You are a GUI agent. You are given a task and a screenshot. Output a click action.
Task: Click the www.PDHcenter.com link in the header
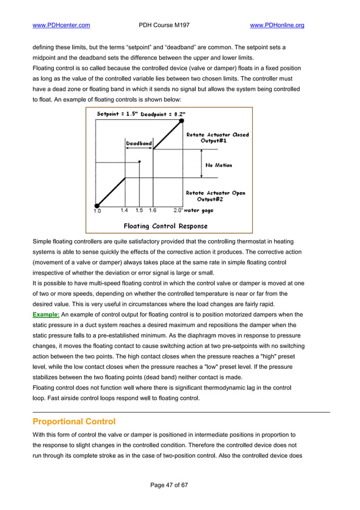point(62,25)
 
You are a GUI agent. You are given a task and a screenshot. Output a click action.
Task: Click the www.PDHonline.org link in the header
point(276,25)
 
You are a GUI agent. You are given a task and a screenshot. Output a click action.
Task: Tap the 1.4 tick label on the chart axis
point(124,211)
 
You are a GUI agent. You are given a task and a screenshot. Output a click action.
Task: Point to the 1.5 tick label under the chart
point(139,211)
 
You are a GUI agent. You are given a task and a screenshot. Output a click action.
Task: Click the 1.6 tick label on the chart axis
point(152,211)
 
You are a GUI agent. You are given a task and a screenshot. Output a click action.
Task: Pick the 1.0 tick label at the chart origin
point(97,211)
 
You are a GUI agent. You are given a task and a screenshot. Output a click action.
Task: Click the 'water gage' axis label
point(198,211)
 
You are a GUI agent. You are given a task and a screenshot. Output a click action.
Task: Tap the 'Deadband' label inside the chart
point(138,143)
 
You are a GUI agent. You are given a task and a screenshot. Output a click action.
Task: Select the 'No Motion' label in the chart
point(218,165)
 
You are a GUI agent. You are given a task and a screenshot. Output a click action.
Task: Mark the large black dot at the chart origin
point(97,206)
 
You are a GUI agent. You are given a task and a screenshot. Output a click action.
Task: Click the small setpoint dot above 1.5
point(139,162)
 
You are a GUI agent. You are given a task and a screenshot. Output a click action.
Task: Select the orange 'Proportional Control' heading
point(74,421)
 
